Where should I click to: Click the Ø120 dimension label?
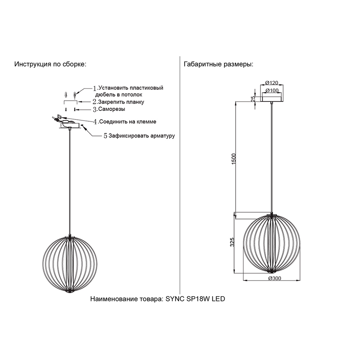click(x=271, y=83)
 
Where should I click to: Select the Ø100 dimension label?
click(x=271, y=90)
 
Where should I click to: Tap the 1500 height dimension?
click(x=234, y=159)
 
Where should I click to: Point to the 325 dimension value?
click(x=232, y=242)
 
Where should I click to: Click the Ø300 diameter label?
click(x=275, y=278)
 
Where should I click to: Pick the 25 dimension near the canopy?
click(x=253, y=99)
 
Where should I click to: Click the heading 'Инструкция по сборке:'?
click(x=50, y=64)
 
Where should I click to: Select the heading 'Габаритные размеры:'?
click(x=219, y=64)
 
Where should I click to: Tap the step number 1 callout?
click(x=95, y=88)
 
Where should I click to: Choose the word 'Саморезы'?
click(x=112, y=109)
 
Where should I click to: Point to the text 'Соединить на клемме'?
click(x=128, y=121)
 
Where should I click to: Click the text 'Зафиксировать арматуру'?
click(x=141, y=136)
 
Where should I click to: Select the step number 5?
click(x=105, y=136)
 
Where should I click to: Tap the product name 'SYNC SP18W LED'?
click(x=195, y=299)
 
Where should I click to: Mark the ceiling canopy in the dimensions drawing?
click(x=271, y=99)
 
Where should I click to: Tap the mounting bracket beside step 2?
click(x=71, y=102)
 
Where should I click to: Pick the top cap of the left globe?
click(x=70, y=236)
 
